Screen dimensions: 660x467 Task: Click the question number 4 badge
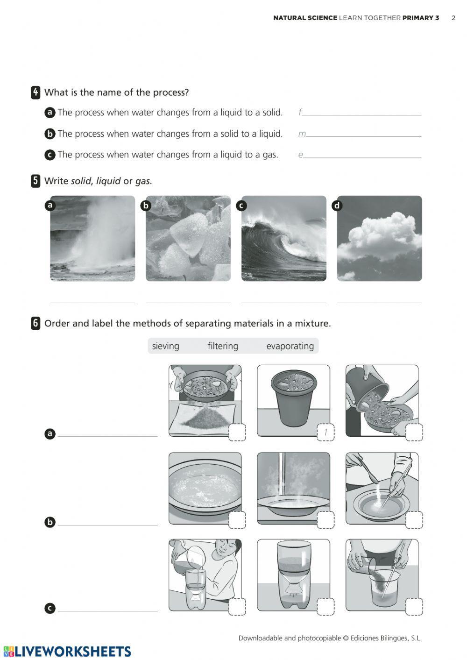35,92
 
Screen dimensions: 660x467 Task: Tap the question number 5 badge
35,181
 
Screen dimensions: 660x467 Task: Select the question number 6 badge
35,323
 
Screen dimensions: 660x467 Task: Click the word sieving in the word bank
165,346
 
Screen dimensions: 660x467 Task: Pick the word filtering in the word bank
223,346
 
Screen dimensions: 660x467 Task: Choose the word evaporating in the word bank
290,346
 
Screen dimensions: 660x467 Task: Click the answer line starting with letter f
362,114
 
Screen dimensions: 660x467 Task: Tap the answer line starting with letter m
363,135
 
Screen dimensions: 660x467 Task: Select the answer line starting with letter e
362,157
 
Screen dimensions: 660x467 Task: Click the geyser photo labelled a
92,238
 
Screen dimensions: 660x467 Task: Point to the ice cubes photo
188,238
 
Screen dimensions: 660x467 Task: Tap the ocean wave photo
284,238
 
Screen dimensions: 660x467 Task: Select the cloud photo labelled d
379,238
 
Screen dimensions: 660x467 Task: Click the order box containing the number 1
325,433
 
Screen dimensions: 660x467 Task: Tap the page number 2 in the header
453,18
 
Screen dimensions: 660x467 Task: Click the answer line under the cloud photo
379,302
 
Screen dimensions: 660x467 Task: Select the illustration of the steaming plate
293,488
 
